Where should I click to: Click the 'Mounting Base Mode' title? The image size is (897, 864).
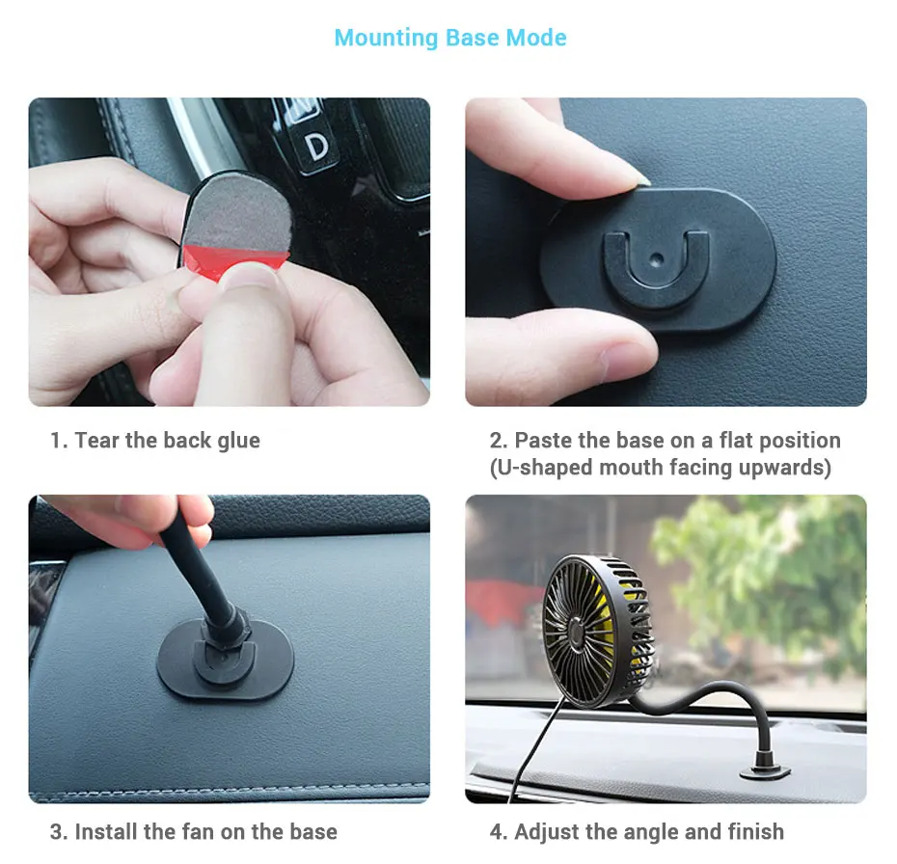pyautogui.click(x=449, y=39)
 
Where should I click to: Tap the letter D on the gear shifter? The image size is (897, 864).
pyautogui.click(x=316, y=146)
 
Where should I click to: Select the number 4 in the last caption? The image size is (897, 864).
pyautogui.click(x=496, y=831)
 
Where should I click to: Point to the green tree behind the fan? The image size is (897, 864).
pyautogui.click(x=762, y=569)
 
